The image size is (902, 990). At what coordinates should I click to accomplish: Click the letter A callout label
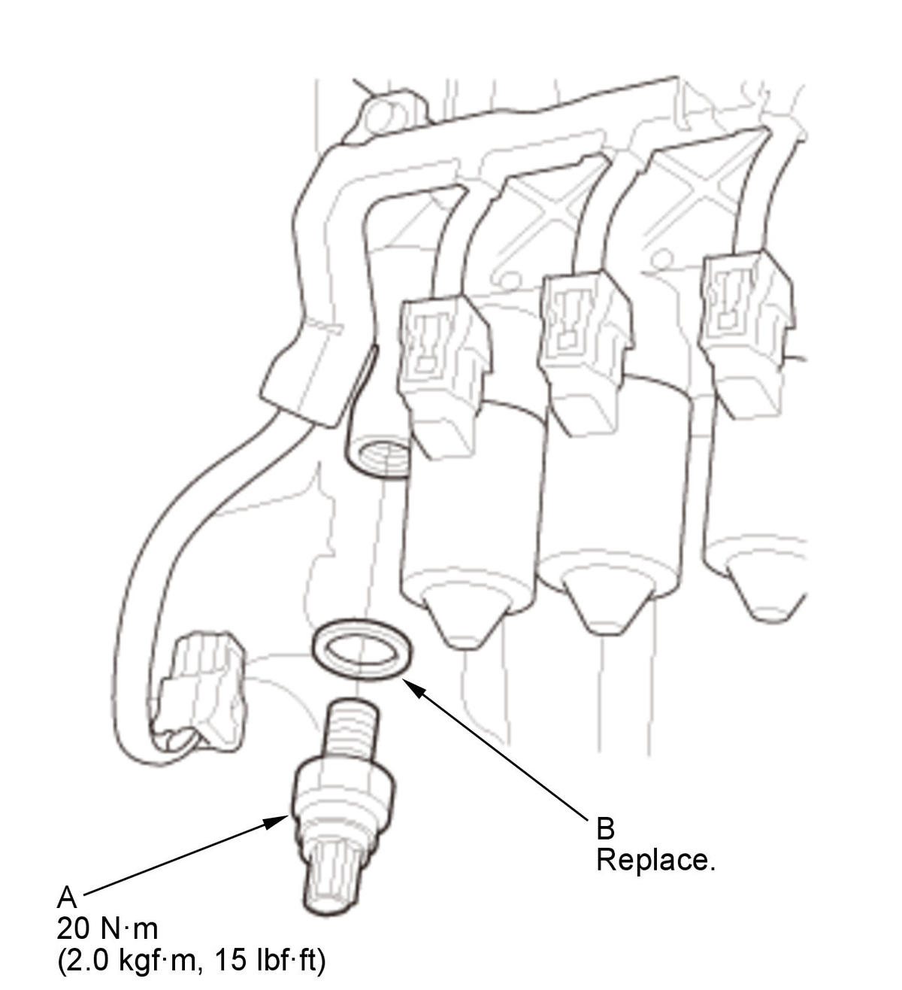[x=67, y=897]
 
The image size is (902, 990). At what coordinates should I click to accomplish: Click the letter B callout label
[x=605, y=828]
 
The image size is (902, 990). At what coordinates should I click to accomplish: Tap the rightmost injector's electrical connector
[x=748, y=333]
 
